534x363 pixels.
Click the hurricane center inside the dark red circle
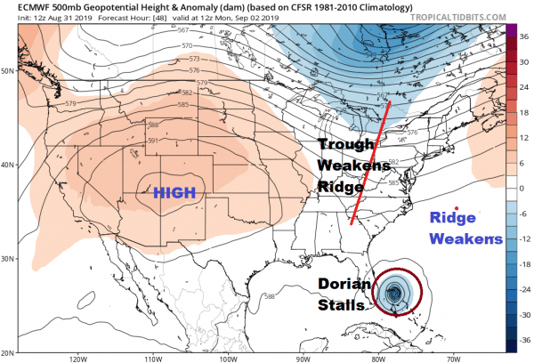tap(396, 292)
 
